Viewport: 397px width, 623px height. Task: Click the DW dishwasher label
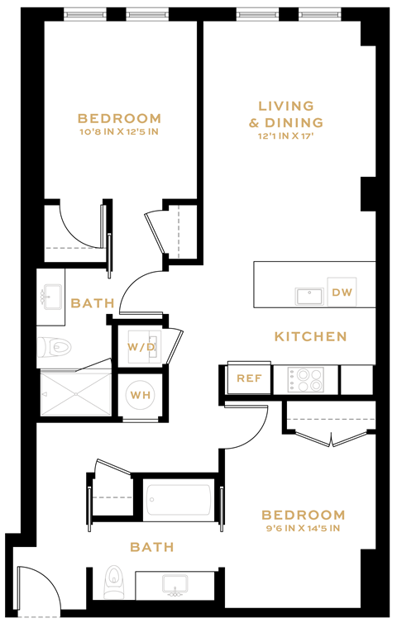point(341,292)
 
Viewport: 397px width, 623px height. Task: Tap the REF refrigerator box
point(249,378)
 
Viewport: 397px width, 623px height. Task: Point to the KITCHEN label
point(310,336)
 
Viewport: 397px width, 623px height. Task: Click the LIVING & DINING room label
point(286,114)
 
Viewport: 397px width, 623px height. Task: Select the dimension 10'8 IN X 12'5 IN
point(119,131)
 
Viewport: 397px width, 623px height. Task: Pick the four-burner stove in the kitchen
point(305,380)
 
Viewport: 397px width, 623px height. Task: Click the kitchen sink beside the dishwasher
point(310,295)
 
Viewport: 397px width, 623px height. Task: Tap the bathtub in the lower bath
point(180,502)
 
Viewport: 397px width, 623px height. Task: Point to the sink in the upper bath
point(52,296)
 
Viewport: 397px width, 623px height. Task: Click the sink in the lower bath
point(175,586)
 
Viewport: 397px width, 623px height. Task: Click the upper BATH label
point(93,303)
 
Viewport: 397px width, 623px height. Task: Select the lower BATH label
point(152,547)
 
